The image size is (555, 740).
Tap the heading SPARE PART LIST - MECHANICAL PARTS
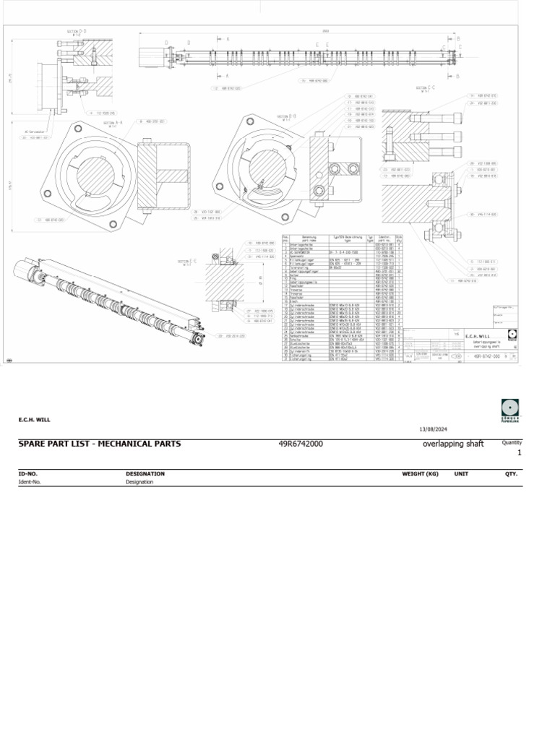pos(100,443)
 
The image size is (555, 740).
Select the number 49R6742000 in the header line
pos(301,443)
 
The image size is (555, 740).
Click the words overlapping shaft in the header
pos(452,443)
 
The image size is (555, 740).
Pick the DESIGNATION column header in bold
pos(145,474)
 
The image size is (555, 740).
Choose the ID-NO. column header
pos(28,474)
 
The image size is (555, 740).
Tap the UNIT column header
pos(461,474)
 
